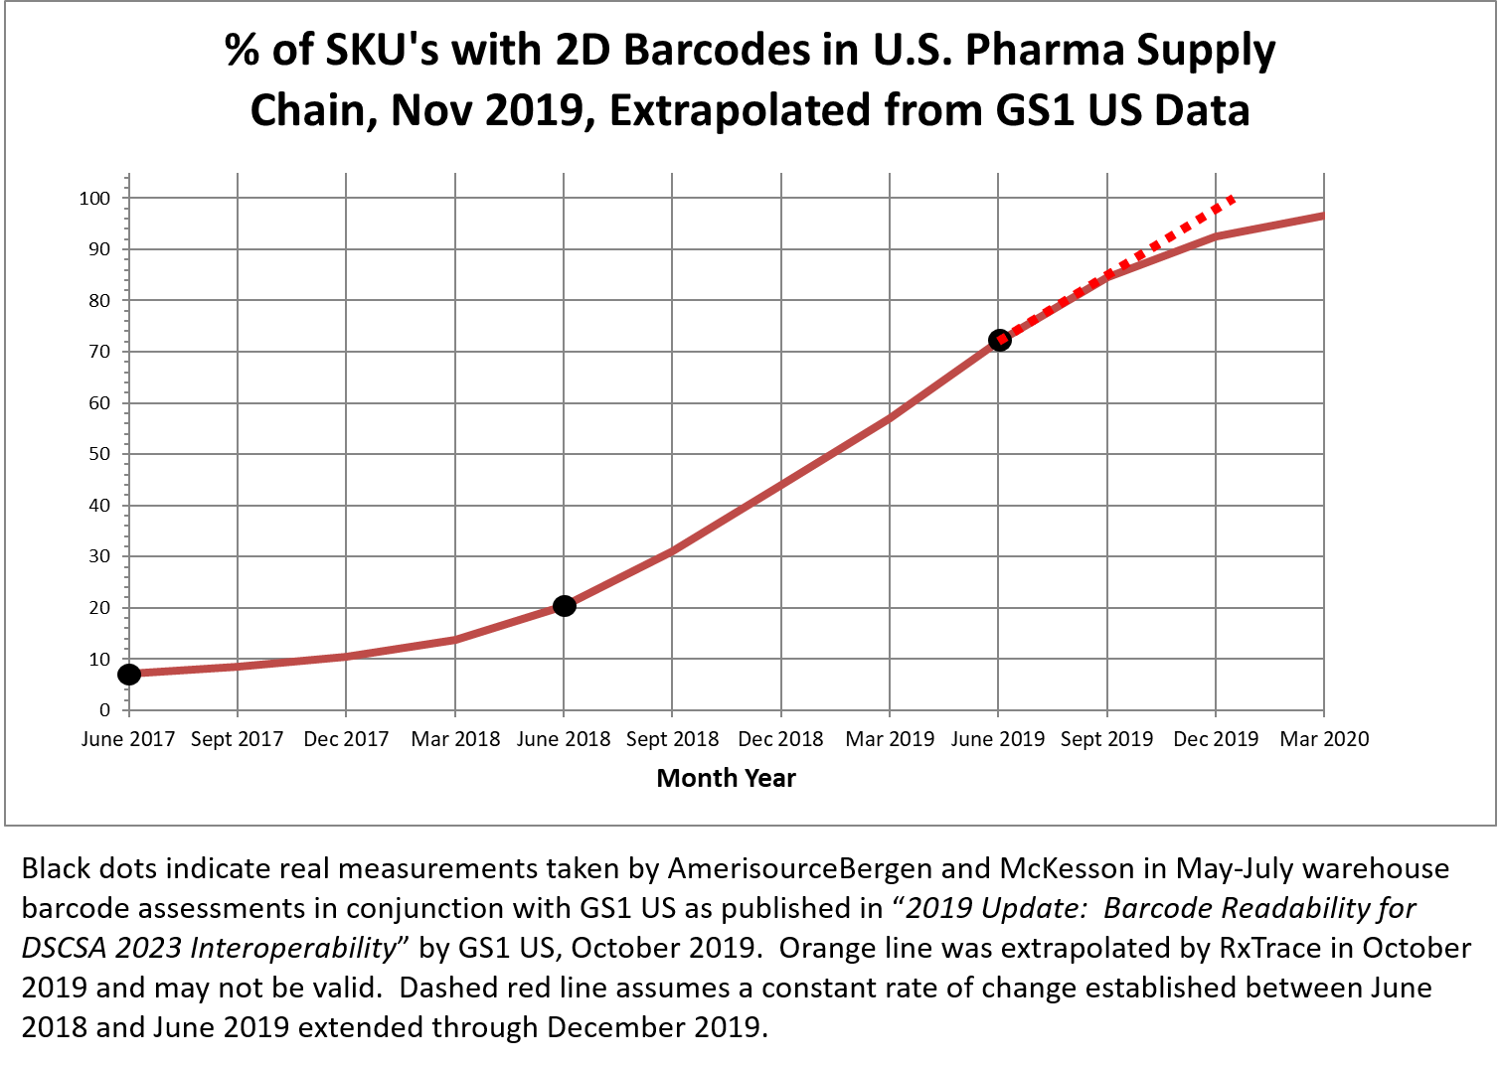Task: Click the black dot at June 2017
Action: pyautogui.click(x=128, y=675)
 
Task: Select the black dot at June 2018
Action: pyautogui.click(x=564, y=606)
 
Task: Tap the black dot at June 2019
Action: pyautogui.click(x=999, y=340)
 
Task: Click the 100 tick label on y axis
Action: pyautogui.click(x=94, y=198)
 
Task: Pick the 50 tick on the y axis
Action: pyautogui.click(x=98, y=454)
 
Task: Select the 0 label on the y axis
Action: pyautogui.click(x=104, y=710)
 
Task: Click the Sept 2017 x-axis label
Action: pyautogui.click(x=237, y=739)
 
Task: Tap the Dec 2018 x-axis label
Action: pyautogui.click(x=780, y=739)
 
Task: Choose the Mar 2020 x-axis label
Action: pyautogui.click(x=1323, y=739)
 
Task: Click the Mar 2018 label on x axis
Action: pyautogui.click(x=455, y=739)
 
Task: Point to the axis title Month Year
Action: pyautogui.click(x=726, y=778)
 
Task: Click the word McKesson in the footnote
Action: pyautogui.click(x=1067, y=868)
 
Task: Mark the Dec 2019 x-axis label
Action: pyautogui.click(x=1215, y=739)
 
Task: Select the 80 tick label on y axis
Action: pyautogui.click(x=98, y=300)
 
